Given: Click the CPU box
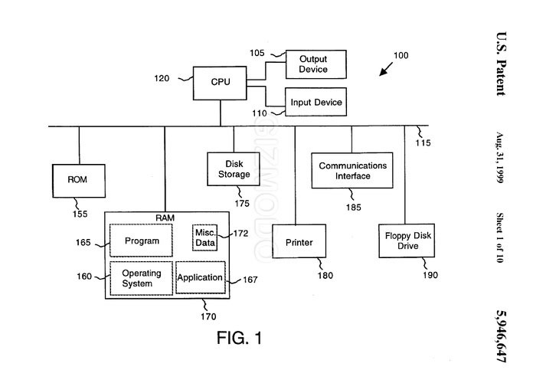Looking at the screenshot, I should (221, 81).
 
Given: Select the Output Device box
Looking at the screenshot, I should (313, 64).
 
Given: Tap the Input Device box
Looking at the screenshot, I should (315, 102).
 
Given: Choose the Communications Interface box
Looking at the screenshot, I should (352, 171).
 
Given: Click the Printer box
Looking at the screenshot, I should (299, 243).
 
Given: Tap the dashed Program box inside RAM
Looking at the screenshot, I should (142, 241).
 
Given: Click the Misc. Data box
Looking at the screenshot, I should (204, 237).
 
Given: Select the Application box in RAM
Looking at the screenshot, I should (201, 278).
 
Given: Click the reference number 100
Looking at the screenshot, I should (401, 55).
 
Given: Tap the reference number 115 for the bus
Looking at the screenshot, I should (423, 143).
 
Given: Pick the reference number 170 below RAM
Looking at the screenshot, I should (208, 316).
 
